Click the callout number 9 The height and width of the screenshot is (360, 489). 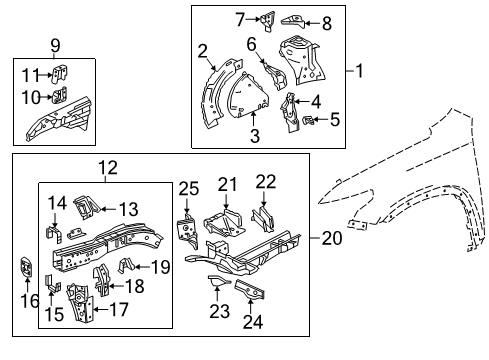coord(54,44)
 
